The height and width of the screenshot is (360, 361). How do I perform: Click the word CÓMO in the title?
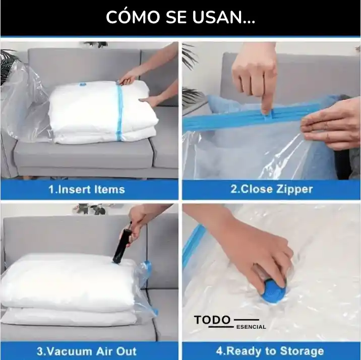tap(133, 17)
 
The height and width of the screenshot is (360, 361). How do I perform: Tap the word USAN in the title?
tap(218, 17)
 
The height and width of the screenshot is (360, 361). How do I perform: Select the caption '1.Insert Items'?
tap(87, 190)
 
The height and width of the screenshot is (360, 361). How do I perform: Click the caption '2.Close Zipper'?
tap(272, 189)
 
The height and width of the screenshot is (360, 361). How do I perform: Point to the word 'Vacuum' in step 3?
tap(69, 351)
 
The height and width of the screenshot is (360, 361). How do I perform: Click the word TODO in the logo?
tap(212, 320)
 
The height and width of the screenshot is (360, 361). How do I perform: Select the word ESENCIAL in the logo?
tap(251, 327)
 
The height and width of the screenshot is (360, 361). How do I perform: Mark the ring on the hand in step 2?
tap(326, 126)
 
